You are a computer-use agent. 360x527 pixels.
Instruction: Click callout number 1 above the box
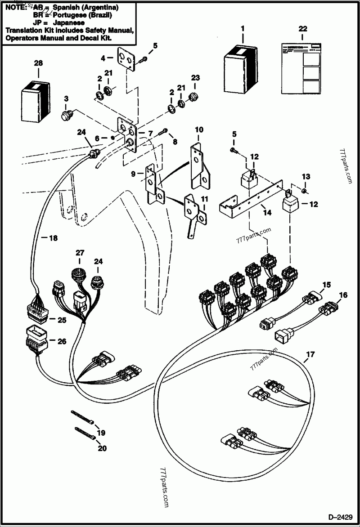tap(243, 28)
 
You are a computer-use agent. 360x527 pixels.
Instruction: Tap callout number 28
tap(38, 64)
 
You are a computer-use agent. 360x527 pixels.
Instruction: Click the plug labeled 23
tap(194, 96)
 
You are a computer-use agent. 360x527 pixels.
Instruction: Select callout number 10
tap(198, 131)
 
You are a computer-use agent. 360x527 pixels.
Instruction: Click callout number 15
tap(326, 285)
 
